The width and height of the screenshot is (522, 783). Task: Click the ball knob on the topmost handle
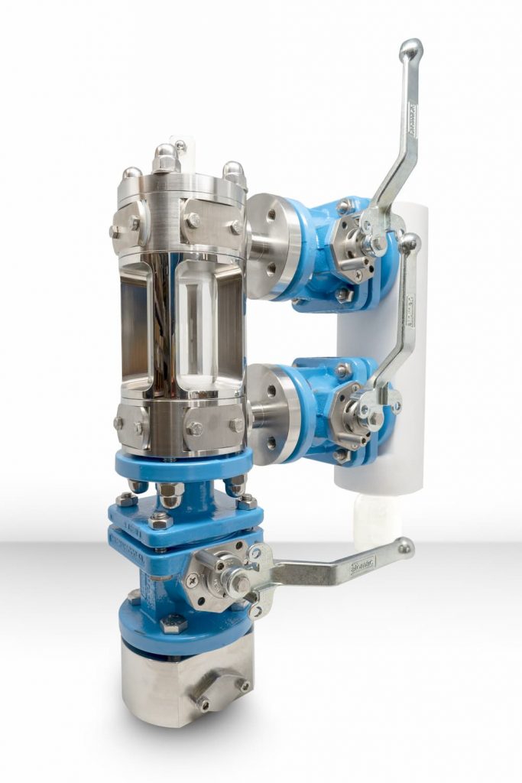coord(410,50)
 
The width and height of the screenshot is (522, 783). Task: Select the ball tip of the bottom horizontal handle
coord(404,546)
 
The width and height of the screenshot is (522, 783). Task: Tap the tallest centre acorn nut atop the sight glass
coord(166,158)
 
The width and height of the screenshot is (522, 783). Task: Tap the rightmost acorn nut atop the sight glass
coord(235,174)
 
